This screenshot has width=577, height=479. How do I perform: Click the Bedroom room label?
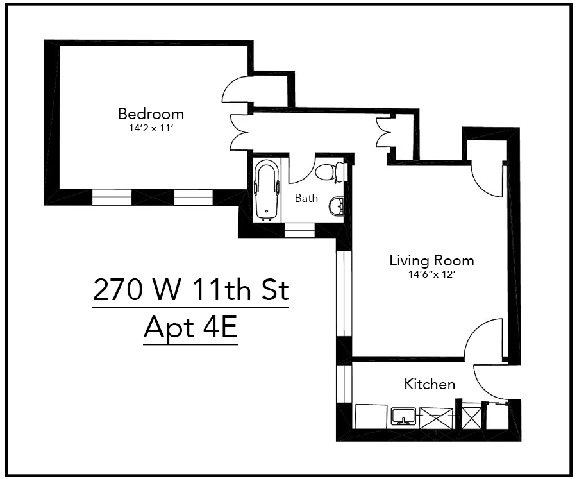tap(151, 114)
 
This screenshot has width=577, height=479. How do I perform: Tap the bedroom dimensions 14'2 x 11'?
tap(151, 128)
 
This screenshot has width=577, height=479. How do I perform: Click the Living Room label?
tap(431, 260)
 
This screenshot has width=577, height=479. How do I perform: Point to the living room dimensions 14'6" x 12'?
tap(431, 274)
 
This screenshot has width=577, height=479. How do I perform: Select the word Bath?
tap(306, 198)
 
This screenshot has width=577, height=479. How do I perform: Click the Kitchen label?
tap(430, 384)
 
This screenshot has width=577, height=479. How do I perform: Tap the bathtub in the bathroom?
tap(267, 190)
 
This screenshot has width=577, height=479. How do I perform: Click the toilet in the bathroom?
tap(331, 171)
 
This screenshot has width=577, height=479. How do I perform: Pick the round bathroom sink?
tap(336, 206)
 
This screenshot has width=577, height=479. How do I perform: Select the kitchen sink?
tap(403, 417)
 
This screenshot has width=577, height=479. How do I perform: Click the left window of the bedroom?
tap(112, 197)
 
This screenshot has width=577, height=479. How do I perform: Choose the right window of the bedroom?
tap(193, 197)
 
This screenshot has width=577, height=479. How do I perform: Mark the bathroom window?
tap(299, 229)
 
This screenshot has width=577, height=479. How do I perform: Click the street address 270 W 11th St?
tap(190, 290)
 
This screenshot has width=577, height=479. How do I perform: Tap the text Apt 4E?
tap(190, 328)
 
